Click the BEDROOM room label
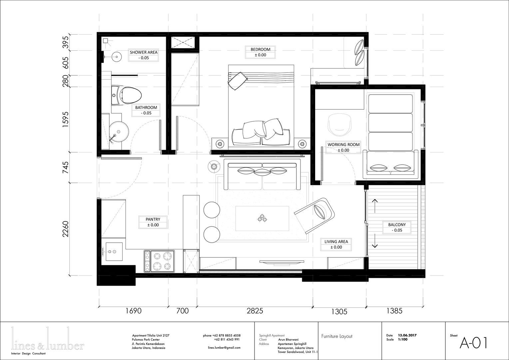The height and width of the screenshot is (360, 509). coord(260,49)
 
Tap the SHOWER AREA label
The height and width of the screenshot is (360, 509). coord(144,52)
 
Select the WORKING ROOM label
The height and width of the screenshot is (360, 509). coord(343,145)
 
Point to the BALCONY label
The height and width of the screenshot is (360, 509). coord(397,225)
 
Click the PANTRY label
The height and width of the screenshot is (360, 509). coord(153,219)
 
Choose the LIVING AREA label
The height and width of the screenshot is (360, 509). coord(336,242)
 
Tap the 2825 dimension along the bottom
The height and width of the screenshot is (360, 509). coord(255,311)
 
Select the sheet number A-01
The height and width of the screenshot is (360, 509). coord(473,343)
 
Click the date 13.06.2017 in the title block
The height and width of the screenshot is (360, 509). coord(407,335)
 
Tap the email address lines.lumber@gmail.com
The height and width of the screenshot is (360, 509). coord(224,348)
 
